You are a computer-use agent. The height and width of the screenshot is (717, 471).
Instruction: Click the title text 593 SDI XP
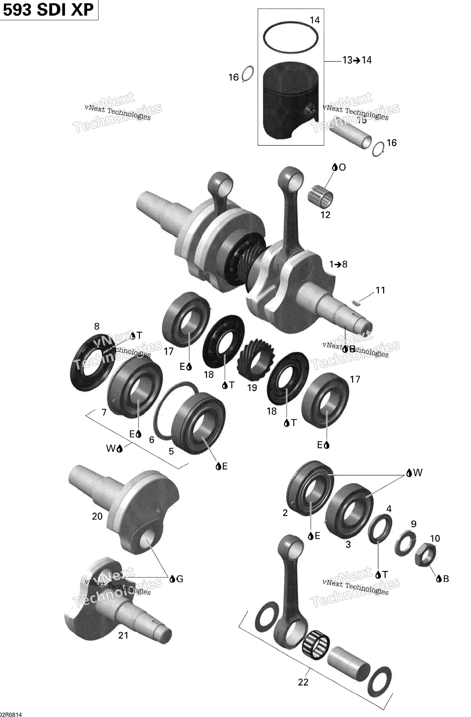click(x=48, y=10)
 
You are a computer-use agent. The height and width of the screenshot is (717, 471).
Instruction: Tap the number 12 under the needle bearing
click(x=325, y=215)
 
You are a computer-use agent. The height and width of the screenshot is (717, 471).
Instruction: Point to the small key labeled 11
click(x=356, y=303)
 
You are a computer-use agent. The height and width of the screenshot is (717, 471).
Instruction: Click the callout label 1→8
click(x=338, y=264)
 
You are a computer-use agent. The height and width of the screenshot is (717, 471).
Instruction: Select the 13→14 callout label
click(x=357, y=60)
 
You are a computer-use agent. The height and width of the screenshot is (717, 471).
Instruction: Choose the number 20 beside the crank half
click(x=97, y=516)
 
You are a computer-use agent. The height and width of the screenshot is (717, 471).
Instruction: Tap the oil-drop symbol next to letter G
click(x=172, y=579)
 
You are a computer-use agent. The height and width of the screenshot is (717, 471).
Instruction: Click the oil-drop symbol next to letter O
click(x=334, y=168)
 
